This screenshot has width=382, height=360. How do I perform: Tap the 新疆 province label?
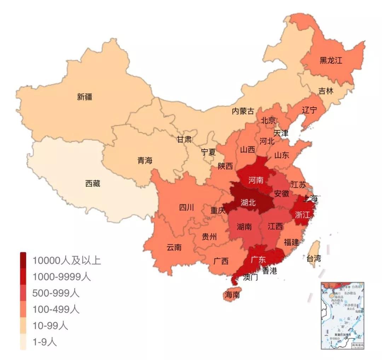(85, 97)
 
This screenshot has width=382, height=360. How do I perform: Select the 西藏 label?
(93, 183)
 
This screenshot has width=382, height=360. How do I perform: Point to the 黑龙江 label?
(331, 60)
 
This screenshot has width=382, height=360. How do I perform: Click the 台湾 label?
(313, 258)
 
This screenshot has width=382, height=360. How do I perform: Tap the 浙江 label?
(302, 215)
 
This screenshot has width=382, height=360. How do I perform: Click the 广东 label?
(258, 259)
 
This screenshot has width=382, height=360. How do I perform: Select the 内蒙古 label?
(243, 111)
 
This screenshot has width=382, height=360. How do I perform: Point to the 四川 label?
(186, 208)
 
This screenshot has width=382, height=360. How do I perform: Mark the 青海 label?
(145, 160)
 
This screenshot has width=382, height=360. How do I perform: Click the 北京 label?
(268, 120)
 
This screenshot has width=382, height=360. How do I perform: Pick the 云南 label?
(174, 247)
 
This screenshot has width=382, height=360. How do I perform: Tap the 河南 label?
(255, 180)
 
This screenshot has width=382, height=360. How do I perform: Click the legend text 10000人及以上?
(67, 261)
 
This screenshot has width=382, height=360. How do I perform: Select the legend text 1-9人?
(45, 342)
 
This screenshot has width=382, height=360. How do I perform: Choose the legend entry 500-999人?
(56, 293)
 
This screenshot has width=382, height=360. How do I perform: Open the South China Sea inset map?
(342, 315)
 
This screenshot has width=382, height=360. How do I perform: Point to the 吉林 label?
(326, 91)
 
